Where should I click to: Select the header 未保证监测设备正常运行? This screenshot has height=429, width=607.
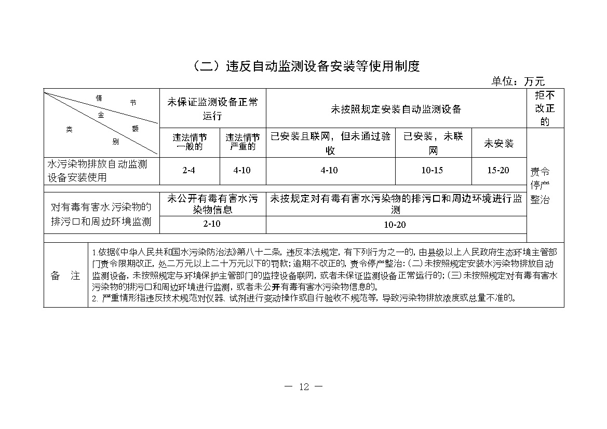pos(212,108)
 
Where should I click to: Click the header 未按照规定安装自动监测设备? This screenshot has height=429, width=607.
pos(396,109)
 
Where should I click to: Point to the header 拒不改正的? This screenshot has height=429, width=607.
pos(545,109)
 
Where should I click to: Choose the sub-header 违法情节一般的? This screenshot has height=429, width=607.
pos(190,142)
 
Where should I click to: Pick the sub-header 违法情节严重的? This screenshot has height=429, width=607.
pos(242,142)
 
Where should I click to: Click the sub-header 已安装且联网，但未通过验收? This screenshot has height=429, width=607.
pos(330,143)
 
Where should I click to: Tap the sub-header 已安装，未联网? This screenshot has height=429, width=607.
pos(433,143)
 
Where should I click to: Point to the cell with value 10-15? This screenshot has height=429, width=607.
pos(433,170)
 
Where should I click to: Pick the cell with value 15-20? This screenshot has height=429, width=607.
pos(498,170)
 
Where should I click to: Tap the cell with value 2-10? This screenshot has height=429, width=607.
pos(212,225)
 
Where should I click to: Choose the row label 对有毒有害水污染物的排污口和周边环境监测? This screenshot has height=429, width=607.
pos(101,214)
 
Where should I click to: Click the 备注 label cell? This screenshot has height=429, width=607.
pos(65,276)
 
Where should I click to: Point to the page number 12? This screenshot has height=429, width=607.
pos(304,386)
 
